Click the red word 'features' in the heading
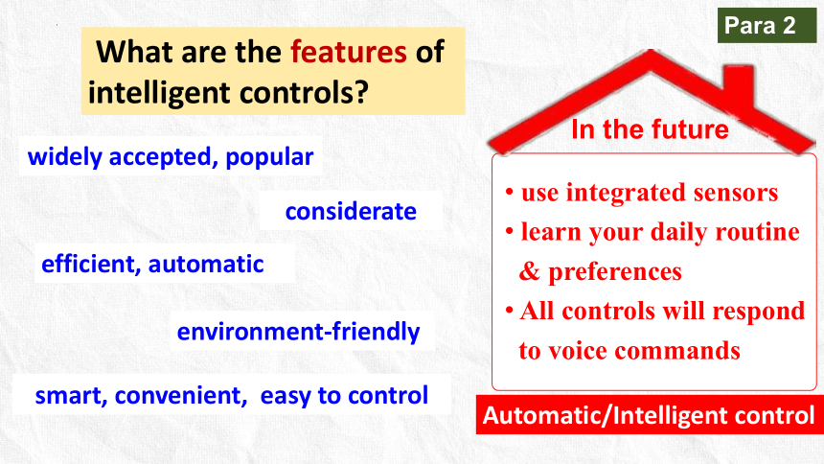coord(349,52)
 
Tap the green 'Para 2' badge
coord(767,25)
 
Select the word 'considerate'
coord(351,212)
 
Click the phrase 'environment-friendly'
coord(299,332)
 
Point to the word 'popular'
coord(269,157)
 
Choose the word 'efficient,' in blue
coord(91,264)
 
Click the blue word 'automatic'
coord(206,264)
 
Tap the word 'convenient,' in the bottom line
coord(181,396)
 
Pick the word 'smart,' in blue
coord(71,396)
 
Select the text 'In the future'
coord(650,129)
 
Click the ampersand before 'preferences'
coord(530,271)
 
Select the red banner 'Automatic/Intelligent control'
coord(650,415)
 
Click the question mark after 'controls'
coord(360,91)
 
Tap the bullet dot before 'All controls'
coord(509,310)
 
